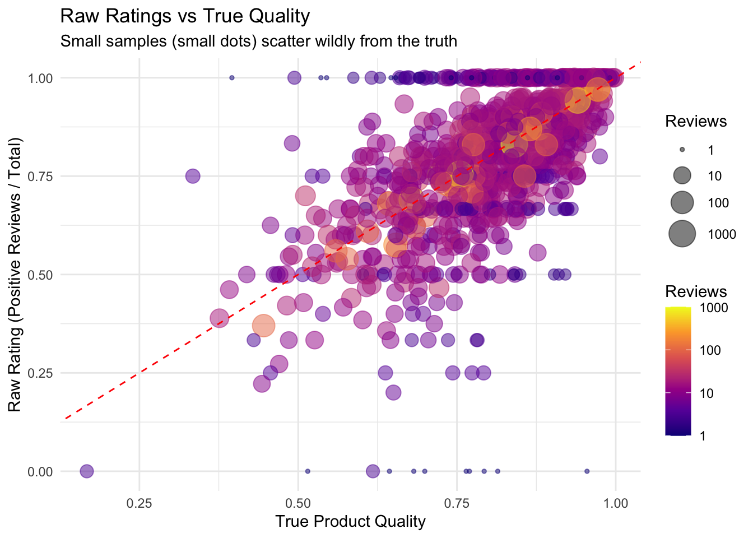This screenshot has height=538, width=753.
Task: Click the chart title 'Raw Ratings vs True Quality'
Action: (x=184, y=16)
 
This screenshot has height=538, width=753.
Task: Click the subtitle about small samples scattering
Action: (x=258, y=41)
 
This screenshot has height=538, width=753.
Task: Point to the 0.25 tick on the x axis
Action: (x=139, y=503)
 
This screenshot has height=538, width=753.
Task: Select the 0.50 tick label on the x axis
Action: (x=298, y=503)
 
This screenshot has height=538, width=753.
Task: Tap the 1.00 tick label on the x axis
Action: (x=616, y=503)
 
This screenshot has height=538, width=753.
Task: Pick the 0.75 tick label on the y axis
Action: (x=40, y=177)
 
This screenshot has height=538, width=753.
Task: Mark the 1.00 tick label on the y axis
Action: (x=40, y=78)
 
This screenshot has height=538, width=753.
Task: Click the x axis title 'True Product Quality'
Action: (x=350, y=522)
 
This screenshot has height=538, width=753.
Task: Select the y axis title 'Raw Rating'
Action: (x=15, y=275)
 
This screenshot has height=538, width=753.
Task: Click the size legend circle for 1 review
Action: (x=682, y=150)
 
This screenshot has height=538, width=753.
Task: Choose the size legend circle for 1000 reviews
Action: (x=682, y=234)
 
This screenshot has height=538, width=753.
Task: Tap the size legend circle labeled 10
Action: (x=682, y=176)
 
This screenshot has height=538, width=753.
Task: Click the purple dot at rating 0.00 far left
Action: (x=86, y=471)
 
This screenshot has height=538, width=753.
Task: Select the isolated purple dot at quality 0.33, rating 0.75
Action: (x=193, y=176)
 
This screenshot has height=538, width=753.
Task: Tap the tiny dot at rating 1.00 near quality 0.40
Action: (x=232, y=78)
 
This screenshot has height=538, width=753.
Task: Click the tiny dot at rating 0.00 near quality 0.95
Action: (x=587, y=471)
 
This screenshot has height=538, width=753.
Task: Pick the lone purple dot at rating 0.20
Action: (x=393, y=392)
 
